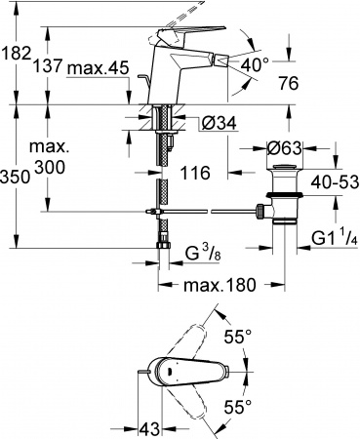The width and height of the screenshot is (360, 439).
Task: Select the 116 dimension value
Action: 196,172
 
